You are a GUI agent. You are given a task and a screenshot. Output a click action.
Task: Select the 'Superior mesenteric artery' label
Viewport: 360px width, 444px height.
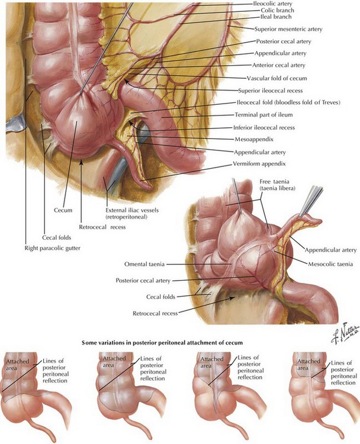pyautogui.click(x=291, y=29)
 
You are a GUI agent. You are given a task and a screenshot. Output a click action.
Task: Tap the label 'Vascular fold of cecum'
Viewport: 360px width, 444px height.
pyautogui.click(x=277, y=78)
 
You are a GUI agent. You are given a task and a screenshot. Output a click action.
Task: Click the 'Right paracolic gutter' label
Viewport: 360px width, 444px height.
pyautogui.click(x=53, y=247)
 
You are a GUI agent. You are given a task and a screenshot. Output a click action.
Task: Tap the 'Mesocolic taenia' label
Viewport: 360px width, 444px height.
pyautogui.click(x=330, y=263)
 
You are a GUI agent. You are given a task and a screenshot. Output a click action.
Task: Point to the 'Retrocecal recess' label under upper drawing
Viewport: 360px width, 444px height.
pyautogui.click(x=104, y=226)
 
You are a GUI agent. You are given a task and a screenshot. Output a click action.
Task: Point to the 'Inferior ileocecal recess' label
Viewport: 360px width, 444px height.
pyautogui.click(x=273, y=127)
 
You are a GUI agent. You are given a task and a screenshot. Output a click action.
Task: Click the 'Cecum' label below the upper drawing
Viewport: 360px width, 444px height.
pyautogui.click(x=64, y=210)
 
